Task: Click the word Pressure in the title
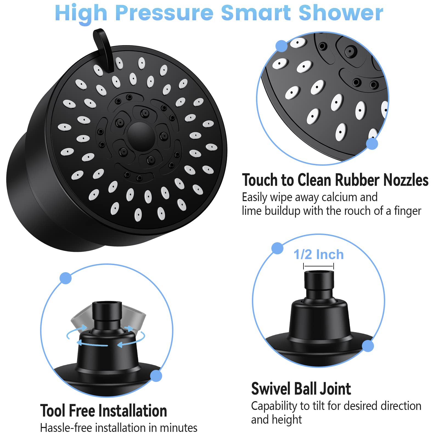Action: [164, 13]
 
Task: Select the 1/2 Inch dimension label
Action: [319, 254]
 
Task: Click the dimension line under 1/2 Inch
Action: [319, 266]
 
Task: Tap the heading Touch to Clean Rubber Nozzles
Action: [335, 180]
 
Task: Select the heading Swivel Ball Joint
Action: [301, 389]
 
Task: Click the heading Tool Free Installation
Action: [103, 411]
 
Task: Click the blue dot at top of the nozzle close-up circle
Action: [281, 46]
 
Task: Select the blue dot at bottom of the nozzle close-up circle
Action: [372, 143]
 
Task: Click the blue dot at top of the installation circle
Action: [66, 278]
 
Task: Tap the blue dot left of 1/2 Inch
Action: [277, 248]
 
